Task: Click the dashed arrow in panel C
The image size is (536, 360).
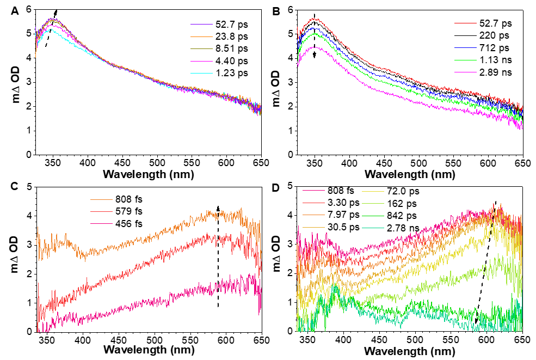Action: click(218, 256)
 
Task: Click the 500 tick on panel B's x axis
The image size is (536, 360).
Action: click(418, 162)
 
